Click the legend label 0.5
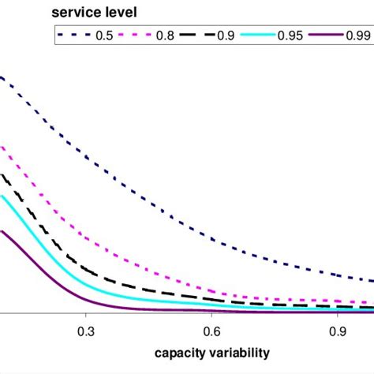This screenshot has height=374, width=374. click(x=103, y=36)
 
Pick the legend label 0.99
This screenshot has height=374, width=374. click(x=359, y=36)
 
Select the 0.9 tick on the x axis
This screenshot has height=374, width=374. click(x=337, y=332)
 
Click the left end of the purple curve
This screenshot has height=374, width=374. click(x=2, y=231)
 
